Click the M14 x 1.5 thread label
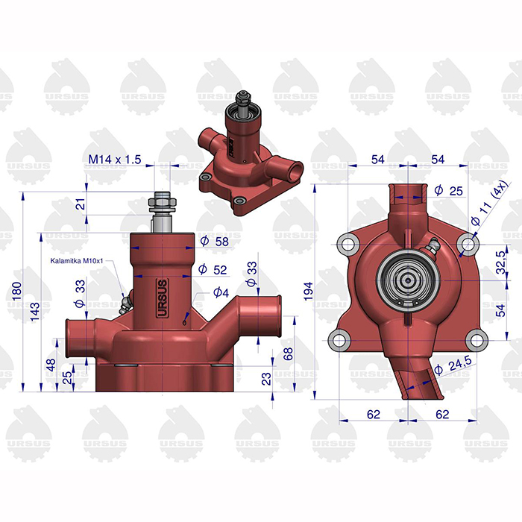[115, 160]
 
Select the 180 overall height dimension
[16, 291]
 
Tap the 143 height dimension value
[34, 311]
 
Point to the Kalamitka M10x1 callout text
[77, 261]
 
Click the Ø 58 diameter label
[215, 241]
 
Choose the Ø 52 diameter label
[213, 269]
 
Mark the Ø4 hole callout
[221, 293]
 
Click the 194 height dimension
[309, 291]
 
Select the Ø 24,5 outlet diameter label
[453, 365]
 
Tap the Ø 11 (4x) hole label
[490, 204]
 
